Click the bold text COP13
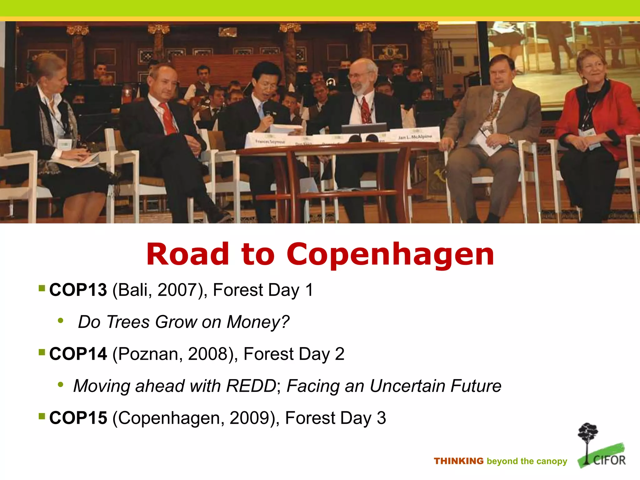78,290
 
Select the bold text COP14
78,354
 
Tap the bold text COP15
78,418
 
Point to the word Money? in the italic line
258,322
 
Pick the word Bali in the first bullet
132,290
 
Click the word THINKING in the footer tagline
458,461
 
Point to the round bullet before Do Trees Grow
61,321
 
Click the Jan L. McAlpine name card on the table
415,137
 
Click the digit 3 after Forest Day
381,418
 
